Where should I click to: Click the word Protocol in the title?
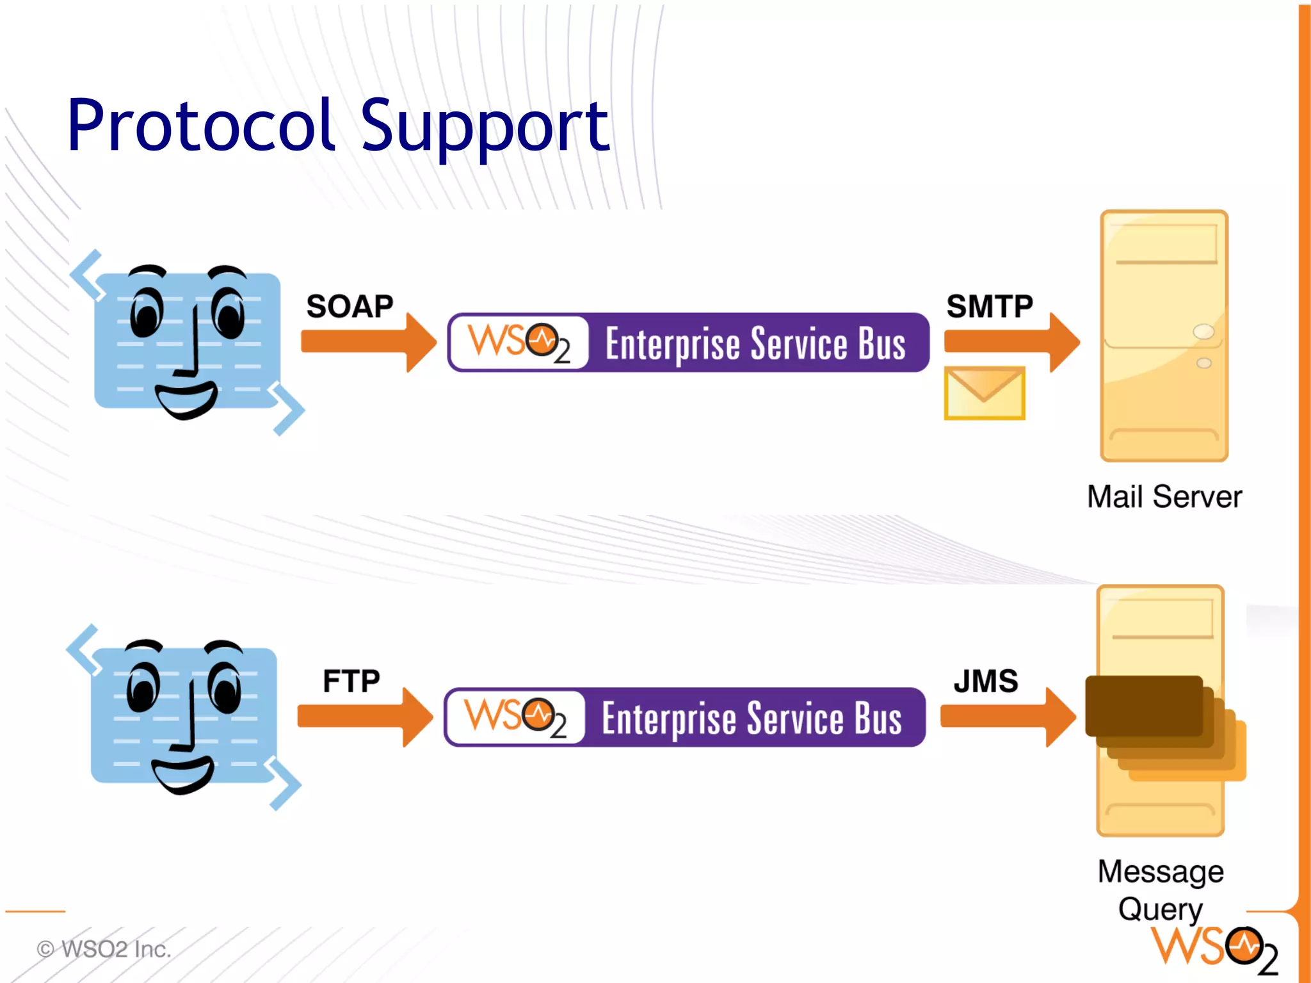click(201, 126)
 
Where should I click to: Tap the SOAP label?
click(350, 306)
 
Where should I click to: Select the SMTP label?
click(990, 306)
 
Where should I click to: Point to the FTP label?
click(351, 681)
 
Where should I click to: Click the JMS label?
click(986, 681)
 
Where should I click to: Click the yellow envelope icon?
click(985, 393)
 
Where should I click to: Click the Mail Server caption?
click(1164, 497)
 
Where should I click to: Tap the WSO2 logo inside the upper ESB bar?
click(519, 343)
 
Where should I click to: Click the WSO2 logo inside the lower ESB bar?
click(515, 717)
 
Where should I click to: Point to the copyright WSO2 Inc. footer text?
click(104, 949)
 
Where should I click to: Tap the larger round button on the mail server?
click(1203, 331)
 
